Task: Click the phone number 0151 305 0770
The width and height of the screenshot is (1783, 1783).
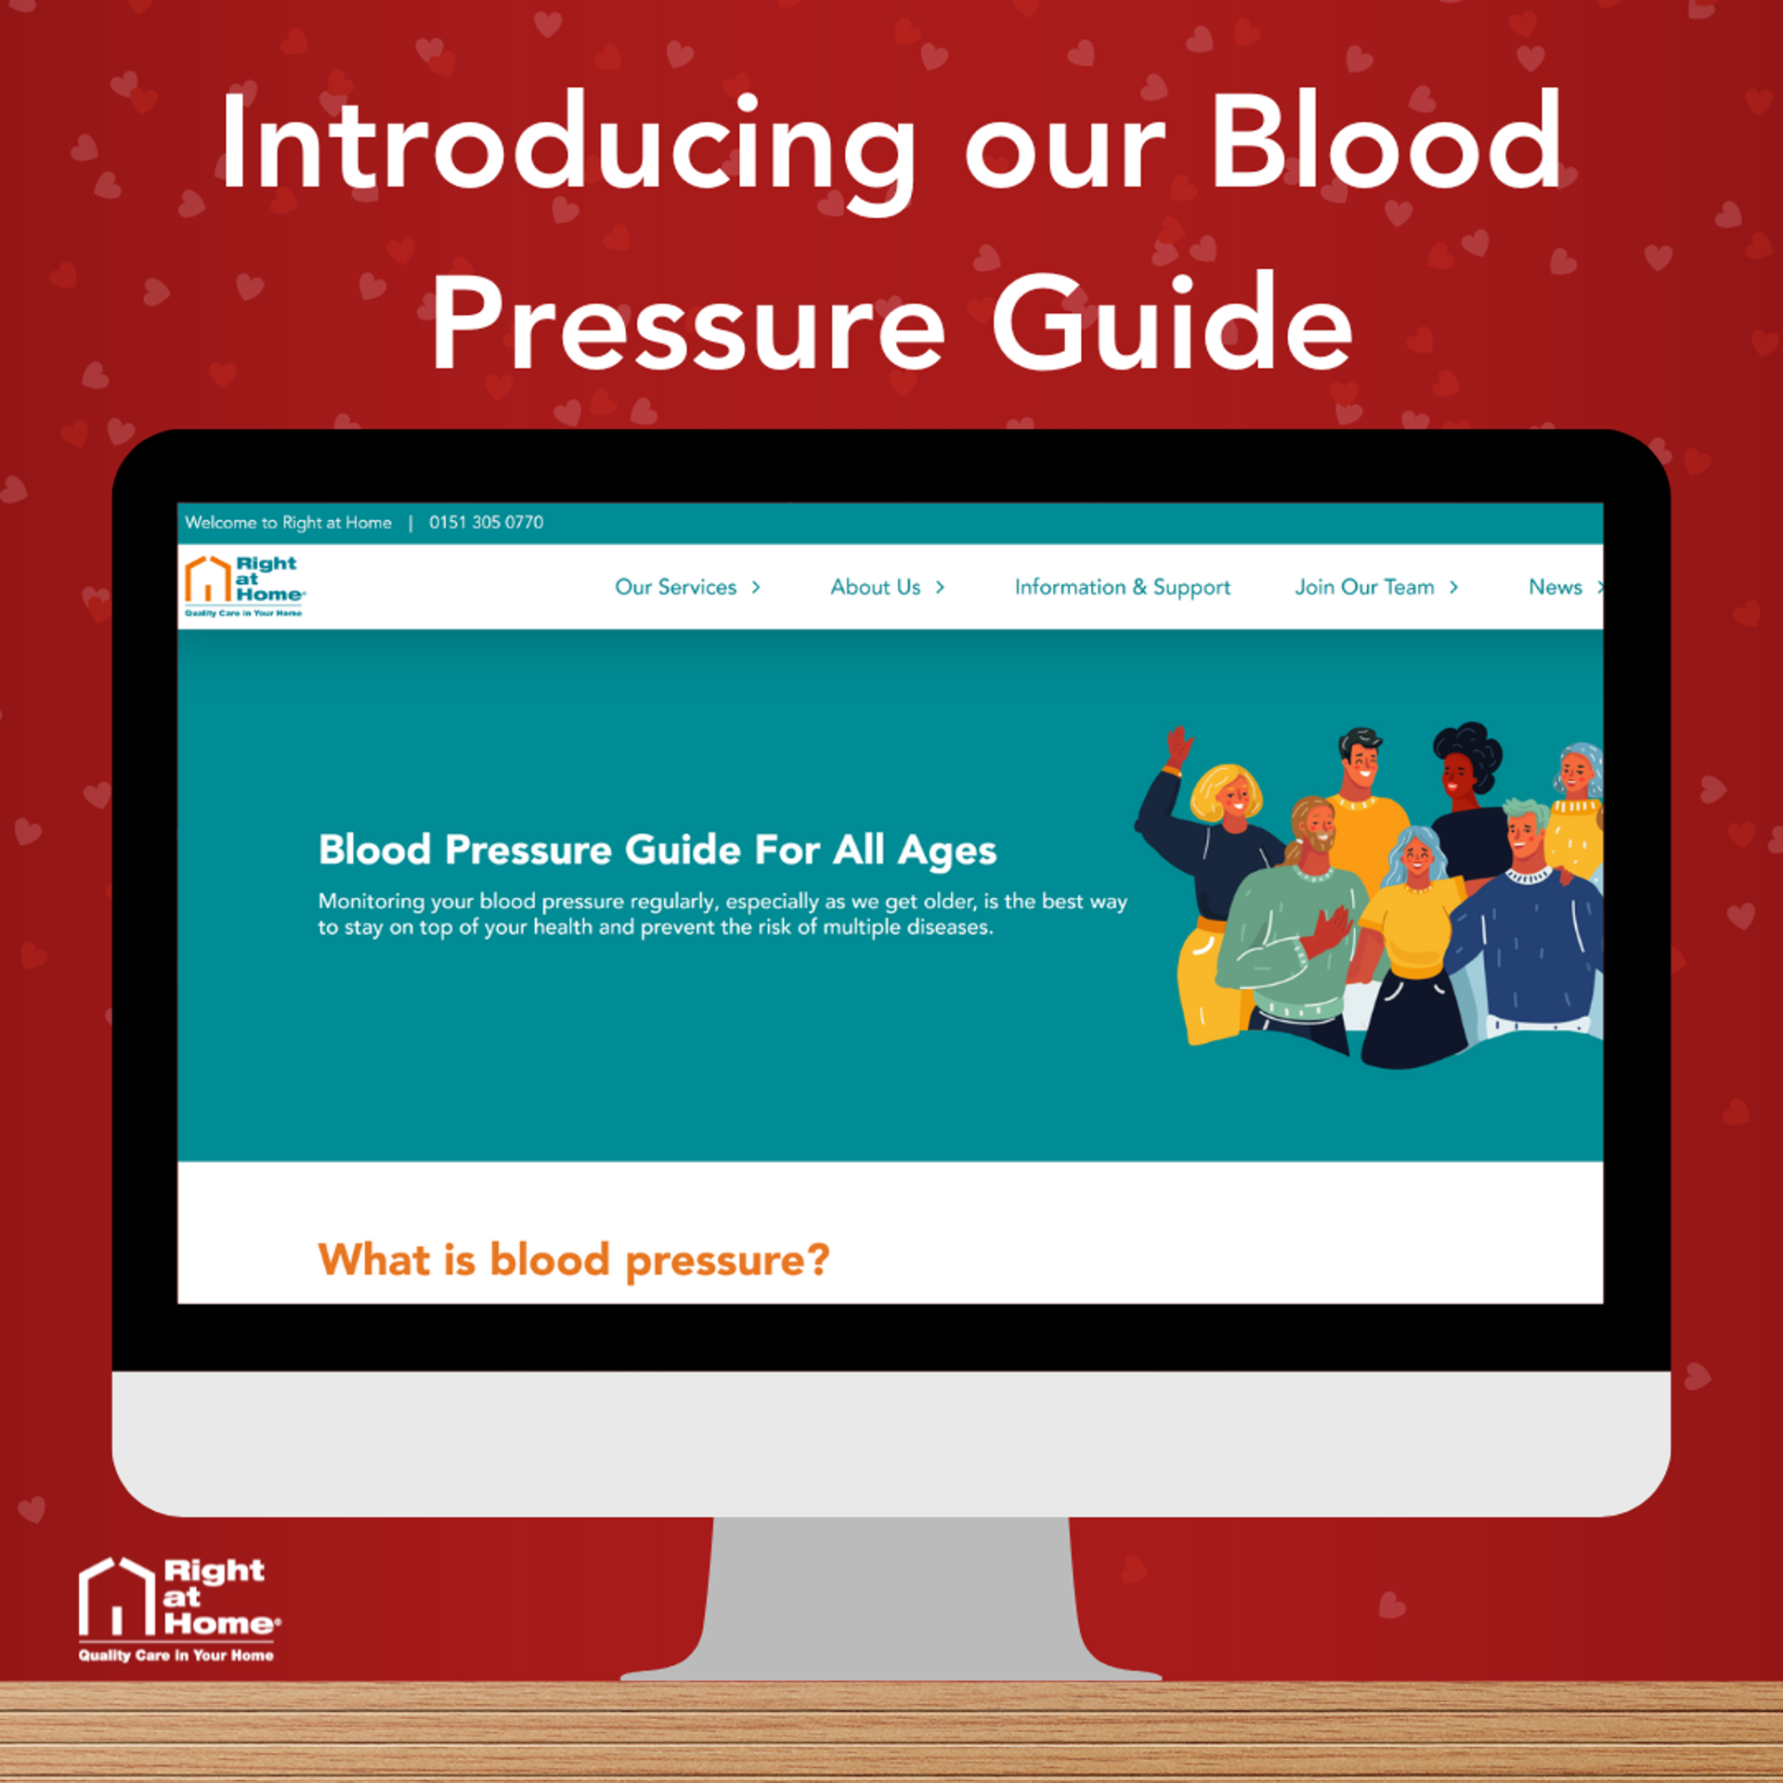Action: click(x=486, y=522)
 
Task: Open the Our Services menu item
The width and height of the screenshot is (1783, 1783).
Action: click(x=687, y=587)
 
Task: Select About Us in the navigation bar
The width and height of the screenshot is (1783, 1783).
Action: click(x=887, y=587)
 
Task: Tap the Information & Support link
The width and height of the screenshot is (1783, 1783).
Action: click(x=1122, y=588)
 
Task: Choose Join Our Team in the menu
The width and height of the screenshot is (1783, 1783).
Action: click(x=1376, y=587)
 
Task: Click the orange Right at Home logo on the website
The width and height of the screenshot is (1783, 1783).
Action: click(x=245, y=586)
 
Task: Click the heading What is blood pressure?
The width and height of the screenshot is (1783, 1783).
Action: click(x=573, y=1260)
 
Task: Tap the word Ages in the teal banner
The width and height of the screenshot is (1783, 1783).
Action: click(x=946, y=852)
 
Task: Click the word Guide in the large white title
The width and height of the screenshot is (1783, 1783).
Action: click(x=1172, y=323)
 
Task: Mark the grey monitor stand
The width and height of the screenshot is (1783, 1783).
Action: click(x=891, y=1597)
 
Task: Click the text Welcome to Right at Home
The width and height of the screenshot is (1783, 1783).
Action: click(x=288, y=522)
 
